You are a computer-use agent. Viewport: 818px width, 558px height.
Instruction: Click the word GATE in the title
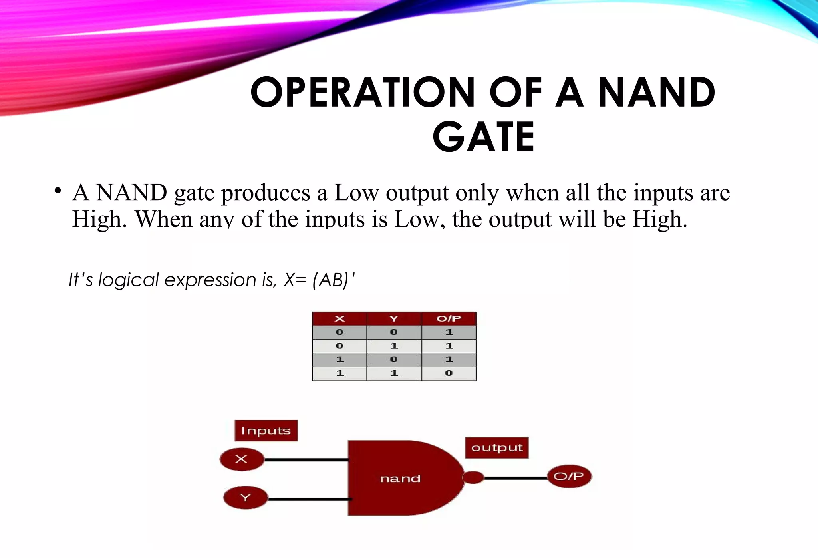483,137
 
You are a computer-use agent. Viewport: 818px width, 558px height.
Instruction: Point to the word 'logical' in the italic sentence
129,280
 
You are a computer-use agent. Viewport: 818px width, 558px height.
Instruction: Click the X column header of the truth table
340,318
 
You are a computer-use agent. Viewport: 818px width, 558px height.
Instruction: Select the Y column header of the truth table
394,318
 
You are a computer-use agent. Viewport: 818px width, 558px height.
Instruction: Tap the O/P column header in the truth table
449,318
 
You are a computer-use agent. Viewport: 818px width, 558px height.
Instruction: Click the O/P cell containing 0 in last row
449,373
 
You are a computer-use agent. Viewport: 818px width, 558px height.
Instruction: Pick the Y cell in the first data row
394,332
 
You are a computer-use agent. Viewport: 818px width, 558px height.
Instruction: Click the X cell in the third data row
340,359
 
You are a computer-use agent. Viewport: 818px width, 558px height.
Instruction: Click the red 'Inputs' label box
266,431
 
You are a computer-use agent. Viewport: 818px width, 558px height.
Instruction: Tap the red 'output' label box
497,448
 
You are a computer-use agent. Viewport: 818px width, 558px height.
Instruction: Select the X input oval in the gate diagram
242,459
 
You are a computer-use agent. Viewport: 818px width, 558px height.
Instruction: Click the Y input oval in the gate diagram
245,498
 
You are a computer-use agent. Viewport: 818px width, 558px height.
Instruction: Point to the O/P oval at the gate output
569,476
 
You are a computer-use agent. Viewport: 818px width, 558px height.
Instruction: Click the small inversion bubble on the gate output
473,477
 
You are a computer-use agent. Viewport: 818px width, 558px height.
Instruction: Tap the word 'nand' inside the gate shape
400,479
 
